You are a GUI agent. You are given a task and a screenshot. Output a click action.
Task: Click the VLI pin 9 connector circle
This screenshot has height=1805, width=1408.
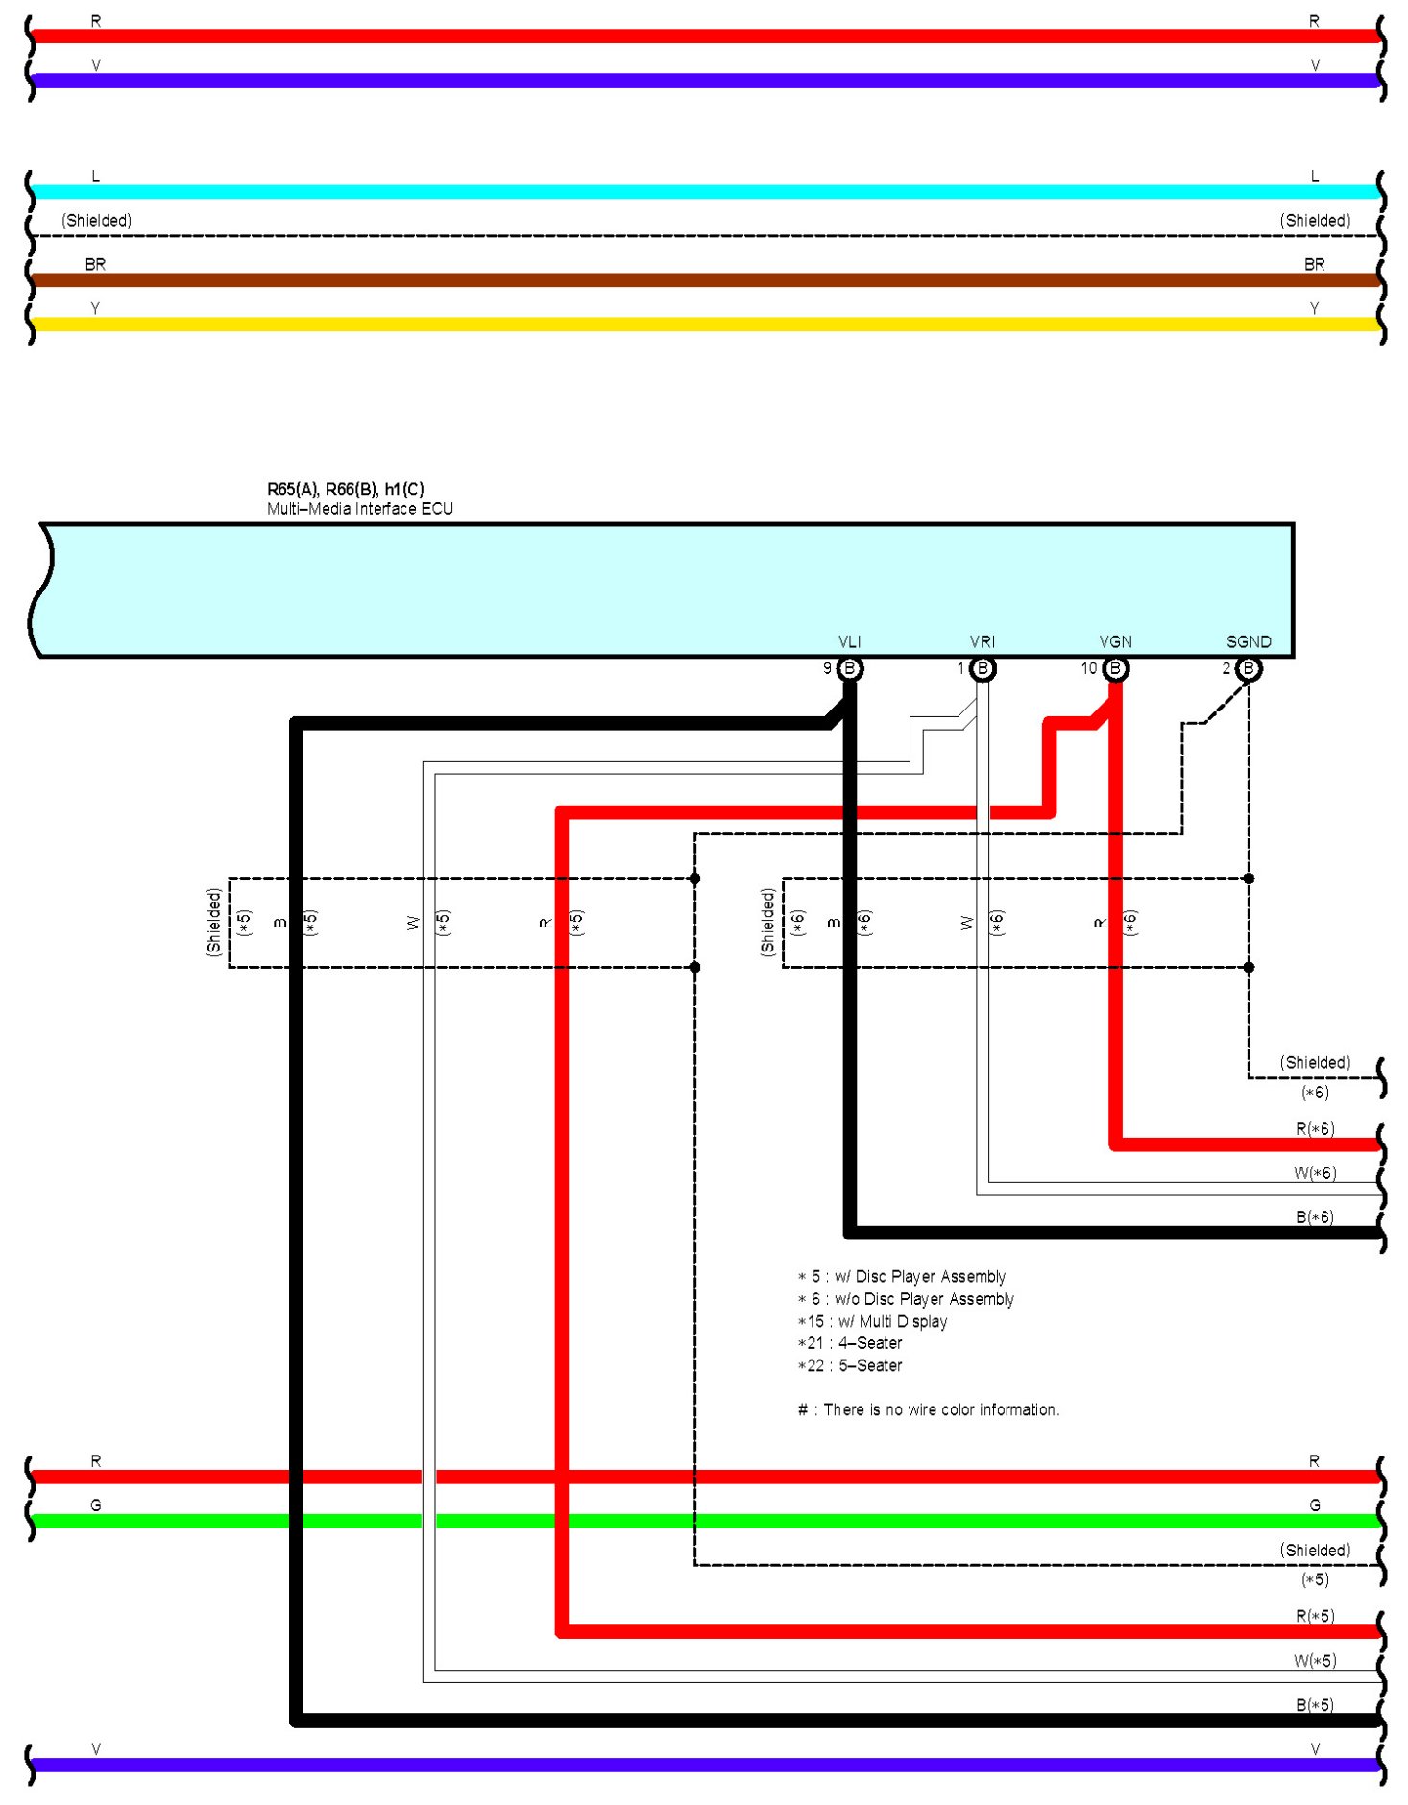click(849, 668)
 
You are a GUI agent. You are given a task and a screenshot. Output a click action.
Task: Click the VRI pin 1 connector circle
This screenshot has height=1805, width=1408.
click(982, 668)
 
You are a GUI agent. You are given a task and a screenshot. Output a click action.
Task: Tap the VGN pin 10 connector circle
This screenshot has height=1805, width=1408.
click(1114, 668)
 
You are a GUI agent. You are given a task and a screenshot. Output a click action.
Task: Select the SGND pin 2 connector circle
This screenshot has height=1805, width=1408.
click(1248, 668)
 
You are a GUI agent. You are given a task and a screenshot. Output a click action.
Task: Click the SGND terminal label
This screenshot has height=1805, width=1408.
click(1248, 641)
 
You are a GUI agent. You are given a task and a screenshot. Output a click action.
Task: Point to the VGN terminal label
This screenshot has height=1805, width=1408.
click(1115, 641)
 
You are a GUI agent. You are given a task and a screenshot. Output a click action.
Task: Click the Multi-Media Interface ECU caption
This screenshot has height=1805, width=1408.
click(359, 509)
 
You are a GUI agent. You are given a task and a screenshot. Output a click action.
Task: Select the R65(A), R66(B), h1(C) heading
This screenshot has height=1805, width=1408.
click(345, 489)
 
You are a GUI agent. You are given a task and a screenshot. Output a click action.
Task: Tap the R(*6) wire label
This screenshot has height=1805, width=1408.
click(1314, 1128)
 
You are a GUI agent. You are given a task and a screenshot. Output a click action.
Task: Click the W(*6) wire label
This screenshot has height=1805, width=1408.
click(1314, 1172)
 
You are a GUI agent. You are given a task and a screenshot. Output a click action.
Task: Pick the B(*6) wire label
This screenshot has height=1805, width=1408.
click(1314, 1216)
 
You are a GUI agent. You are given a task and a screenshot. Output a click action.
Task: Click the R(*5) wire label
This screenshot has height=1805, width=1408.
click(1314, 1616)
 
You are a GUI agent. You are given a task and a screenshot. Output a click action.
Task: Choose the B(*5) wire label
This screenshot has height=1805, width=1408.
click(1314, 1704)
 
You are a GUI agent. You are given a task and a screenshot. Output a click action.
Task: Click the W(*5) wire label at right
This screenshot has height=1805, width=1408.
click(1314, 1660)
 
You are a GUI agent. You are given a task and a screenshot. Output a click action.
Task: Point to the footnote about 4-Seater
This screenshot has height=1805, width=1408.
click(850, 1343)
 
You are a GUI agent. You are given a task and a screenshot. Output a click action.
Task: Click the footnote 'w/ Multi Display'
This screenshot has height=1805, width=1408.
click(872, 1321)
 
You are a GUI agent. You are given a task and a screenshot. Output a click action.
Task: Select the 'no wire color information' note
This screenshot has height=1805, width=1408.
click(929, 1409)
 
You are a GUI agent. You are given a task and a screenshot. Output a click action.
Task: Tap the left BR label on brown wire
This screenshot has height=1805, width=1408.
click(95, 264)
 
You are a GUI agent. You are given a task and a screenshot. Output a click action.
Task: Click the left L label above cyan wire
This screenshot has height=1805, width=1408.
click(95, 176)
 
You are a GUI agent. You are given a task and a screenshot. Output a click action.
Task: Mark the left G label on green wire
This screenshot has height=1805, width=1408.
click(95, 1504)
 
